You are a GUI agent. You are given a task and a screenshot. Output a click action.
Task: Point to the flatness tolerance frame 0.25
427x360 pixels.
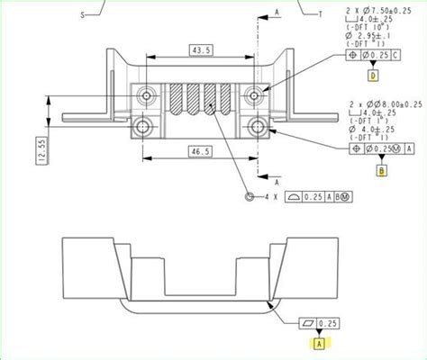pyautogui.click(x=319, y=321)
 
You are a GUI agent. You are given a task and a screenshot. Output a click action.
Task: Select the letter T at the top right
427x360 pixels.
pyautogui.click(x=321, y=15)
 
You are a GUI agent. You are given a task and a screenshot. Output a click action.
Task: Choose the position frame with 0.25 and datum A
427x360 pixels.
pyautogui.click(x=379, y=148)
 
